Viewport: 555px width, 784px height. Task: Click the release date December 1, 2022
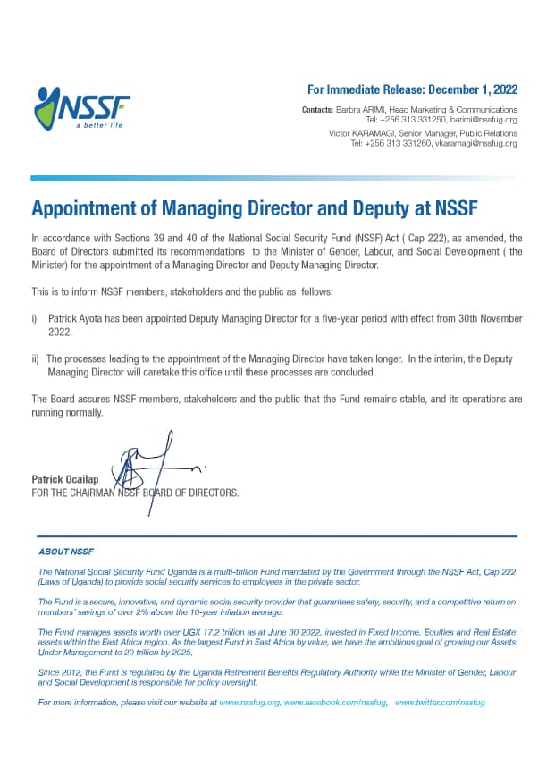click(472, 89)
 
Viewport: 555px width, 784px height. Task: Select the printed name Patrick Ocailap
click(63, 480)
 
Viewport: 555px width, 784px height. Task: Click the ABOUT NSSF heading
click(66, 552)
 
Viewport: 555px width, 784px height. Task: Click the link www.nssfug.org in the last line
click(249, 703)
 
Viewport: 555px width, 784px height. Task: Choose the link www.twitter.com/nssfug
click(440, 703)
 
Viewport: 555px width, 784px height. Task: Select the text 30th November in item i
click(488, 318)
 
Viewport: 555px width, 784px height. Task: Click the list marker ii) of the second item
click(36, 358)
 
